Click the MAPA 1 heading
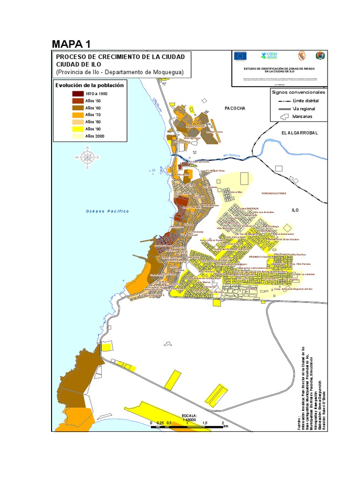[71, 45]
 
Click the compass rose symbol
[87, 157]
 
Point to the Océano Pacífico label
[107, 211]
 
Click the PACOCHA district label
[235, 108]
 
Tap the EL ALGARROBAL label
[300, 133]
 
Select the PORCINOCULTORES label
[274, 193]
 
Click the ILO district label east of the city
[295, 210]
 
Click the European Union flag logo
[241, 56]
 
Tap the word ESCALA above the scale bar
[190, 416]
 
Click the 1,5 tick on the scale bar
[204, 423]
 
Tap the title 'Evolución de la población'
[90, 85]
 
